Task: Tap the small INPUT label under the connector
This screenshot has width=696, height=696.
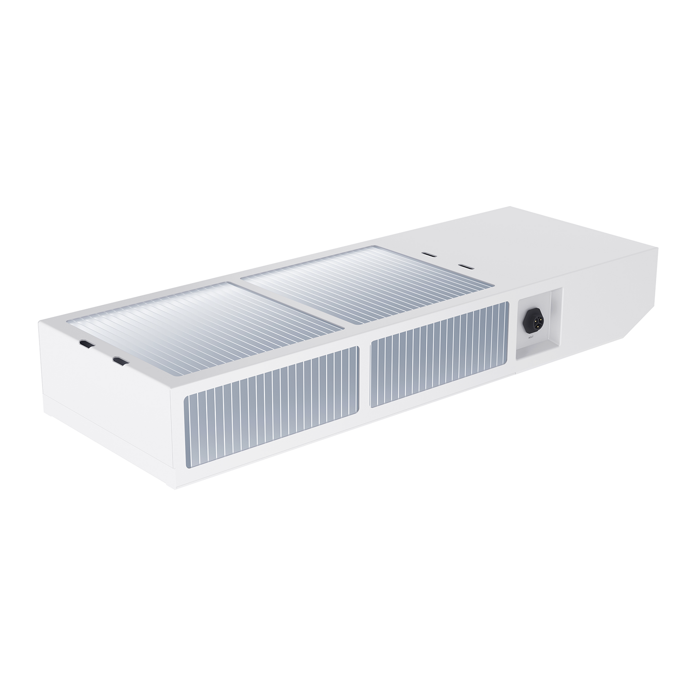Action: pyautogui.click(x=531, y=338)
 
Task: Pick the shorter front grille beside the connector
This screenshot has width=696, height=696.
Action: pyautogui.click(x=439, y=354)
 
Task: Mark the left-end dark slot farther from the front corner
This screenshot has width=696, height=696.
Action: pyautogui.click(x=87, y=344)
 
